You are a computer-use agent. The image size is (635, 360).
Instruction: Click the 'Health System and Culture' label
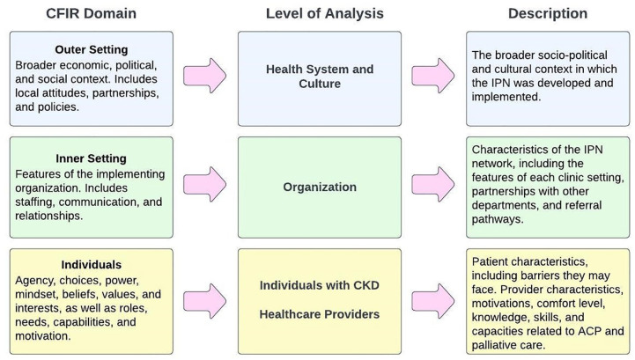tap(320, 77)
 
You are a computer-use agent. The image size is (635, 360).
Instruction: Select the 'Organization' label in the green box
tap(320, 187)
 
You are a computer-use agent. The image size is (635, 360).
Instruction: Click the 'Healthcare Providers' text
tap(320, 313)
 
